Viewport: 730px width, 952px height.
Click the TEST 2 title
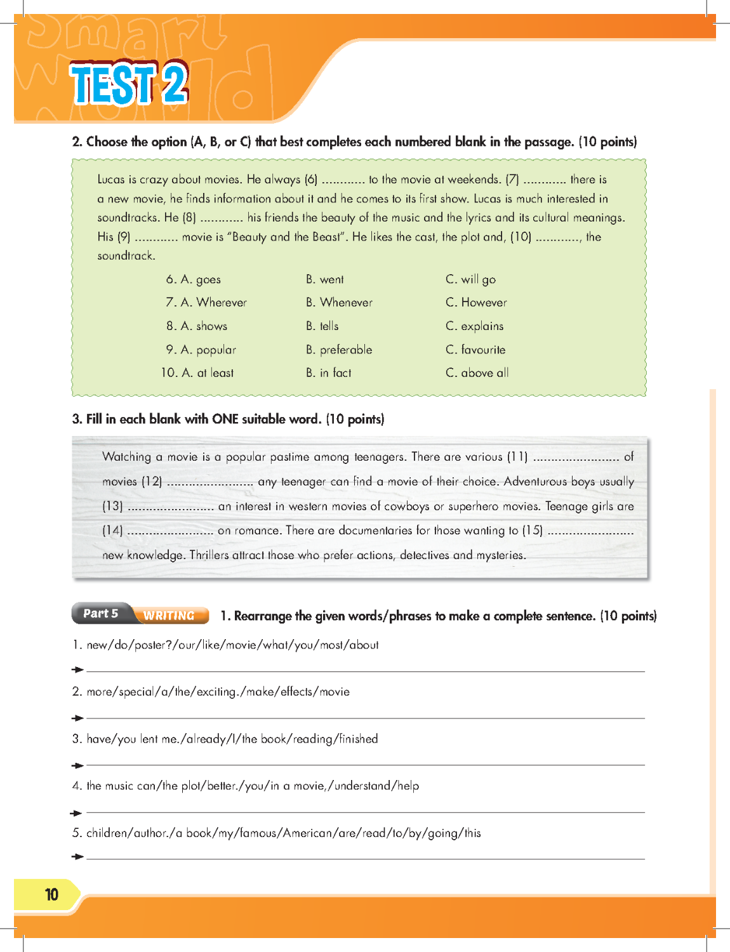click(129, 84)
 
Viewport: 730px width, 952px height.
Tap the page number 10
click(51, 895)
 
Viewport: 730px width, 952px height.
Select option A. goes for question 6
click(201, 279)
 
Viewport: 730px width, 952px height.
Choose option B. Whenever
click(339, 303)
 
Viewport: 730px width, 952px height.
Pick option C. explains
click(474, 326)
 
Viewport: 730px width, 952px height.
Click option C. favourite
click(475, 350)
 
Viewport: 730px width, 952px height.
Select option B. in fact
click(329, 373)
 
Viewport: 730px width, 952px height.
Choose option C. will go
click(470, 279)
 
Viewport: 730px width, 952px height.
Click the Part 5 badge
click(101, 614)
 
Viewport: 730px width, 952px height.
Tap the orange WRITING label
click(169, 615)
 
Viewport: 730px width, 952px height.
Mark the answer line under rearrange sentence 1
click(365, 670)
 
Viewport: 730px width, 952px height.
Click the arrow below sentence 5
click(77, 857)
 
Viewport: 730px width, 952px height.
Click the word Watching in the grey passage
click(127, 457)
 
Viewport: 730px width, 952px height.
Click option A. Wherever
click(214, 303)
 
